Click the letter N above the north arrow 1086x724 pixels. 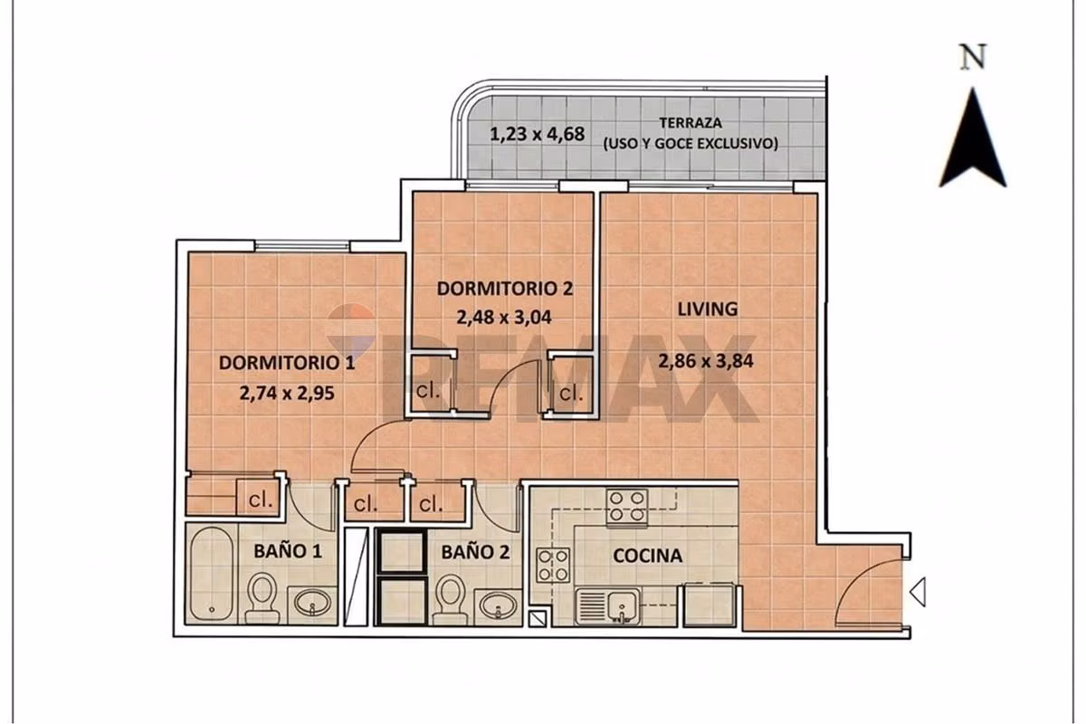(973, 58)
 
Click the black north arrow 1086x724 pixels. (973, 138)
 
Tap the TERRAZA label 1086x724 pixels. (691, 123)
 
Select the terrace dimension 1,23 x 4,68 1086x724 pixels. (538, 134)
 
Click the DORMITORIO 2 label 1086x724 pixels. (505, 289)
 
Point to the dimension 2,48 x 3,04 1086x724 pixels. (504, 317)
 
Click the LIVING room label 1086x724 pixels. (708, 309)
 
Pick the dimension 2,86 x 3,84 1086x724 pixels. (706, 361)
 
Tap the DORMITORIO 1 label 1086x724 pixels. (287, 363)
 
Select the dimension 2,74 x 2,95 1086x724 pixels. (287, 393)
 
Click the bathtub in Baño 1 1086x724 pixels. (211, 574)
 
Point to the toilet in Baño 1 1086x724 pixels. (262, 598)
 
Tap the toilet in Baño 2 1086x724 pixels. (451, 599)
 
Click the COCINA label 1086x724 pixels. (648, 556)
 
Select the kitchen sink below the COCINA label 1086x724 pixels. (608, 606)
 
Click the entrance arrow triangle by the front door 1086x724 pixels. (918, 592)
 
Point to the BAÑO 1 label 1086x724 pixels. (288, 551)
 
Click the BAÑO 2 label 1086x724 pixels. (475, 552)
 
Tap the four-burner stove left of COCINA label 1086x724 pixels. (553, 566)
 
